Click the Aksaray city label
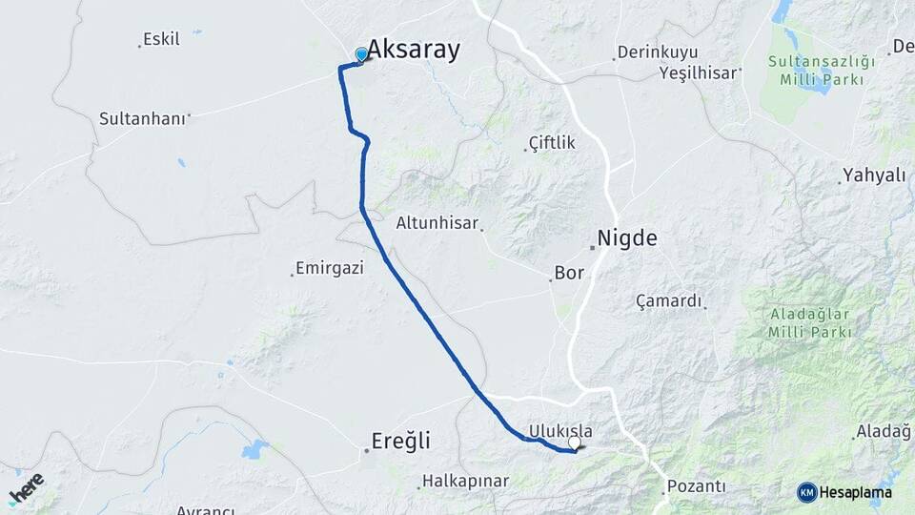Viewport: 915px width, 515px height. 414,50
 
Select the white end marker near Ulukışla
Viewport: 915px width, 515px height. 575,443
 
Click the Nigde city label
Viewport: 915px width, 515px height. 627,238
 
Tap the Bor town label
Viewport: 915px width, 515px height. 569,273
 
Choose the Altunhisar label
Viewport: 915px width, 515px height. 438,222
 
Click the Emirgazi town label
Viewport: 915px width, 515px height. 330,268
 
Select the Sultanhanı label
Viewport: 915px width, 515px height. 142,119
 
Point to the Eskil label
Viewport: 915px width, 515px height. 161,39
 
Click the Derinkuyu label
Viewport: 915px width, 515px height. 658,51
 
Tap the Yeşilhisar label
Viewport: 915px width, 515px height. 700,72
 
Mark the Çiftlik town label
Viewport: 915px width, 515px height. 553,143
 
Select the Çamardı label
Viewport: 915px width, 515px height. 669,301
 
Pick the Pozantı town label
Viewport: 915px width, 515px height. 697,486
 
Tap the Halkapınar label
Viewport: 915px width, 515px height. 466,481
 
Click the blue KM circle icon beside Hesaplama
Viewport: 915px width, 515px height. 807,492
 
